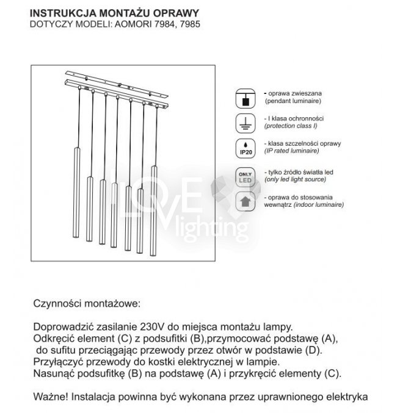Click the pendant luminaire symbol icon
(x=244, y=98)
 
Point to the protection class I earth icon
(x=244, y=123)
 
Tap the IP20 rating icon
(x=244, y=148)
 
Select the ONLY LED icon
(x=244, y=176)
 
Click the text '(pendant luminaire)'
(x=290, y=100)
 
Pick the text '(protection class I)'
(x=290, y=125)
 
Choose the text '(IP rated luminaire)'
(x=292, y=150)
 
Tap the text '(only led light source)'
(x=299, y=180)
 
